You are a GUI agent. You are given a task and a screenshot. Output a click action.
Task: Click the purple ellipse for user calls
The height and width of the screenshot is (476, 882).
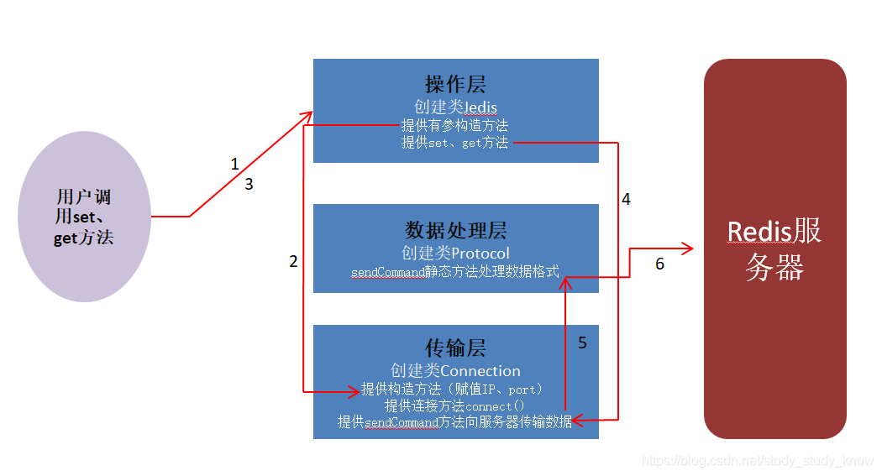pyautogui.click(x=84, y=217)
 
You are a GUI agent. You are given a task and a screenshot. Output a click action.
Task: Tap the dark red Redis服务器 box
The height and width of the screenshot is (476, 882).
pyautogui.click(x=774, y=248)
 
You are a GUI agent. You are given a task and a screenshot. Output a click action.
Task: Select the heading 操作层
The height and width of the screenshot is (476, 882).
pyautogui.click(x=455, y=85)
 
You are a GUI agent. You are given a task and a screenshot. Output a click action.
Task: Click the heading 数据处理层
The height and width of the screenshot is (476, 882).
pyautogui.click(x=455, y=231)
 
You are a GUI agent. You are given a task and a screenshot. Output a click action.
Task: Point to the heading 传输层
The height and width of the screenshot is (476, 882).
pyautogui.click(x=455, y=348)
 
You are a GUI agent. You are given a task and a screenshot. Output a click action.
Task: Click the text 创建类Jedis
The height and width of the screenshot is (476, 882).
pyautogui.click(x=455, y=107)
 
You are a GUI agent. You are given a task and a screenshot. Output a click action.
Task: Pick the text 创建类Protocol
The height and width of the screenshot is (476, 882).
pyautogui.click(x=455, y=253)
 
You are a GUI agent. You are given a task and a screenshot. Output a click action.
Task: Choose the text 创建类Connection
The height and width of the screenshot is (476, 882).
pyautogui.click(x=455, y=370)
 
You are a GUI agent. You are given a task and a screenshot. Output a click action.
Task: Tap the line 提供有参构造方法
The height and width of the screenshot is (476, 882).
pyautogui.click(x=454, y=125)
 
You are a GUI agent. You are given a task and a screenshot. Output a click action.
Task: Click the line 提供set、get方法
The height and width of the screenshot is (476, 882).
pyautogui.click(x=454, y=143)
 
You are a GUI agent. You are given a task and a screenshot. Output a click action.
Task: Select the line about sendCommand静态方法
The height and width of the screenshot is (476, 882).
pyautogui.click(x=455, y=272)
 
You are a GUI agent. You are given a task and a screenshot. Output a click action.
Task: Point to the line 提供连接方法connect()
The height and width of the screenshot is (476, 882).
pyautogui.click(x=454, y=405)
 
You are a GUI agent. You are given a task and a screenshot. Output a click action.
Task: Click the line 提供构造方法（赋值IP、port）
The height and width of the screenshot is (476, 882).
pyautogui.click(x=454, y=390)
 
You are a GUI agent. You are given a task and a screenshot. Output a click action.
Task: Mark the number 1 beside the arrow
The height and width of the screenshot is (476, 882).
pyautogui.click(x=235, y=165)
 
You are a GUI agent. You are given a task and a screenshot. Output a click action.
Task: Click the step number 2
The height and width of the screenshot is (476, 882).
pyautogui.click(x=293, y=262)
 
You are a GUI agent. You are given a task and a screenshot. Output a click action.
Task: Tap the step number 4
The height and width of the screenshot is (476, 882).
pyautogui.click(x=626, y=200)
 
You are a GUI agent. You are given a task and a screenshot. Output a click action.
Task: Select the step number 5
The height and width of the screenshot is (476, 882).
pyautogui.click(x=582, y=343)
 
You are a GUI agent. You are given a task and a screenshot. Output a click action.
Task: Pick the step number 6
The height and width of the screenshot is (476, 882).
pyautogui.click(x=659, y=264)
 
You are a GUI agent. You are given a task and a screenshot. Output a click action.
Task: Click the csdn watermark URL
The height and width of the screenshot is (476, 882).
pyautogui.click(x=758, y=461)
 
